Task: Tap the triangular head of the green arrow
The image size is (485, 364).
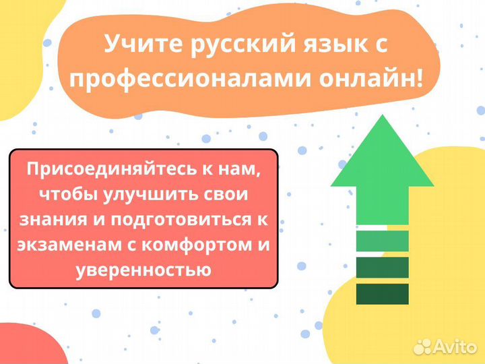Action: [x=382, y=155]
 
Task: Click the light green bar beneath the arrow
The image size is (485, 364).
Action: [x=382, y=241]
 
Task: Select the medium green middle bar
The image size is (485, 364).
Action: [x=382, y=267]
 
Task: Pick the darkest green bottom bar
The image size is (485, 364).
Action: [x=382, y=293]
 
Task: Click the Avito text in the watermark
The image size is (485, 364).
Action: [x=454, y=346]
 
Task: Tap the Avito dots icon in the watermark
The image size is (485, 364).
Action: [x=423, y=346]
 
